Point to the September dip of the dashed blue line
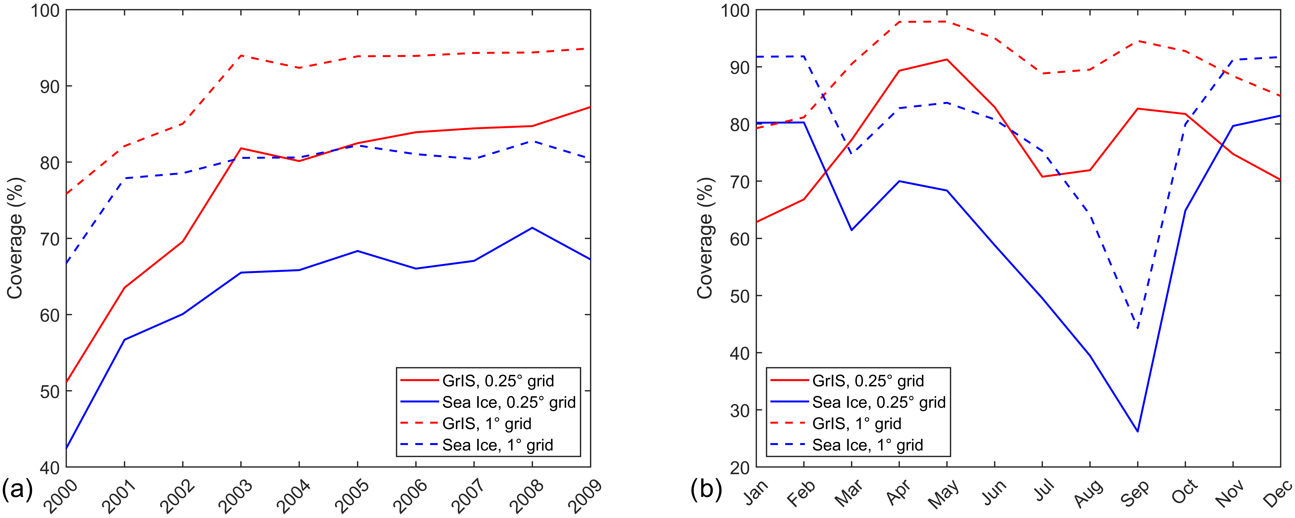[1138, 329]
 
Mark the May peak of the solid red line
[947, 59]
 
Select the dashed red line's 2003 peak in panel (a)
[241, 55]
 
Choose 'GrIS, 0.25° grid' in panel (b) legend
[868, 381]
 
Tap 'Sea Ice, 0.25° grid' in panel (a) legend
[509, 402]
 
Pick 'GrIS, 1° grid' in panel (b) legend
[857, 424]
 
